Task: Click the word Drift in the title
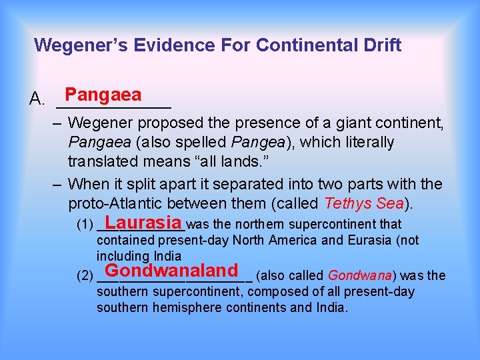[x=380, y=45]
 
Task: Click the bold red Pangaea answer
[x=103, y=95]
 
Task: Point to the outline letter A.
[x=37, y=101]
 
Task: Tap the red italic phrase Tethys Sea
[x=363, y=203]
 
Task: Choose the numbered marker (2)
[x=85, y=276]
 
